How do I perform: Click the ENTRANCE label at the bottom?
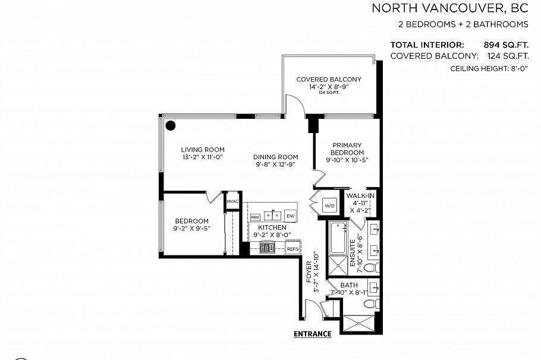click(312, 334)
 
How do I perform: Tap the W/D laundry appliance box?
click(329, 206)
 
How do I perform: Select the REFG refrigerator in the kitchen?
click(292, 249)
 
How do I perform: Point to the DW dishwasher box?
click(291, 216)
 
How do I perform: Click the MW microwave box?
click(255, 216)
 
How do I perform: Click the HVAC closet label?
click(232, 201)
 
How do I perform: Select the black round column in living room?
click(171, 125)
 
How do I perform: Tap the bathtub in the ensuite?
click(336, 238)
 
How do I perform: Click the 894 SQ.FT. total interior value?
click(507, 45)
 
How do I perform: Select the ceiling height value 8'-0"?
click(515, 69)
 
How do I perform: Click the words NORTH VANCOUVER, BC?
click(449, 8)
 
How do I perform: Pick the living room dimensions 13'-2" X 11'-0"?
click(202, 157)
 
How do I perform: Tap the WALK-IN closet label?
click(361, 196)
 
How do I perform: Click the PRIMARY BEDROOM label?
click(347, 149)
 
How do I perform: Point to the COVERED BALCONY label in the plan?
click(328, 80)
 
